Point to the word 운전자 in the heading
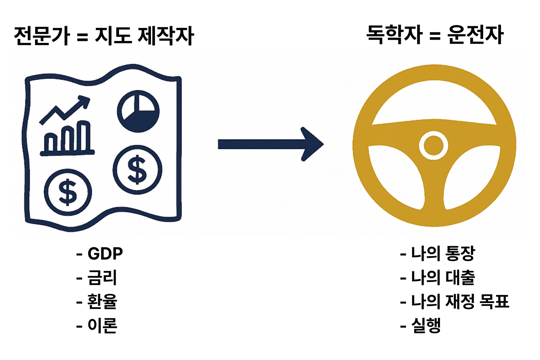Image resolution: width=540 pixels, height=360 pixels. pos(475,36)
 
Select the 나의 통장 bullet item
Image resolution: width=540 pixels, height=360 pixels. pos(443,254)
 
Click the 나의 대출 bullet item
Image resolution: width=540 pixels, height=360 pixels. pos(443,278)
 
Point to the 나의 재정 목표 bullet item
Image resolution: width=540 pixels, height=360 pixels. pos(460,302)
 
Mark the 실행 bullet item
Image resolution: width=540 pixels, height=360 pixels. pos(426,325)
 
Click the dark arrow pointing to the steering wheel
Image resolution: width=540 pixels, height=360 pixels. pos(270,144)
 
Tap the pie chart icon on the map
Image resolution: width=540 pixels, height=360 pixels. pos(138,111)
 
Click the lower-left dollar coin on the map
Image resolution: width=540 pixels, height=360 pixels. pos(67,191)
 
